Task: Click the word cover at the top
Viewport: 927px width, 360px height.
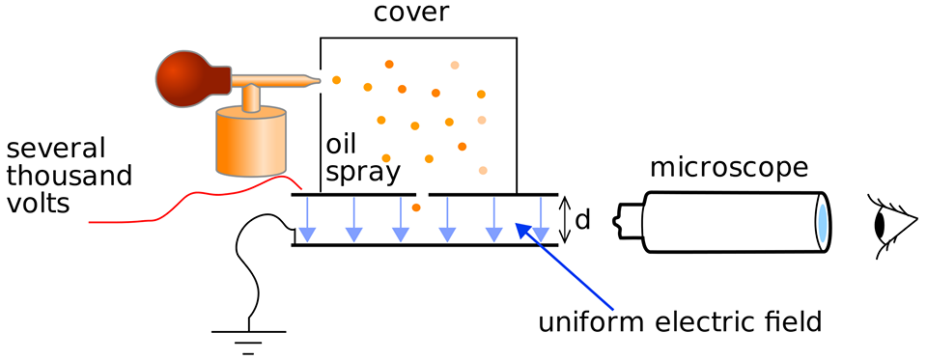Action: point(411,13)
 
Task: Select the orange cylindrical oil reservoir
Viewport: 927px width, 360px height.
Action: point(251,141)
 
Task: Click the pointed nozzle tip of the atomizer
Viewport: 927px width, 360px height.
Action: point(318,81)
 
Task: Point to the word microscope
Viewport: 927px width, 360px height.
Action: point(728,169)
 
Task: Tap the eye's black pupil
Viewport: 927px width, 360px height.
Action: point(881,224)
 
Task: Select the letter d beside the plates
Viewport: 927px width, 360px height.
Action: point(582,220)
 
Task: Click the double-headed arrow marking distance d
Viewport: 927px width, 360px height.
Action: point(566,220)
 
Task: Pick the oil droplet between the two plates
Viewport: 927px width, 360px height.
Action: point(416,208)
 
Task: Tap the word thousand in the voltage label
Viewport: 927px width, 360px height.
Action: point(70,176)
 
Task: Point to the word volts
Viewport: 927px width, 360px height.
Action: point(39,204)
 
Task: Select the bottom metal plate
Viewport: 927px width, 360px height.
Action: point(425,244)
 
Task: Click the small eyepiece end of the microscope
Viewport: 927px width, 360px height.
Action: point(631,222)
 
